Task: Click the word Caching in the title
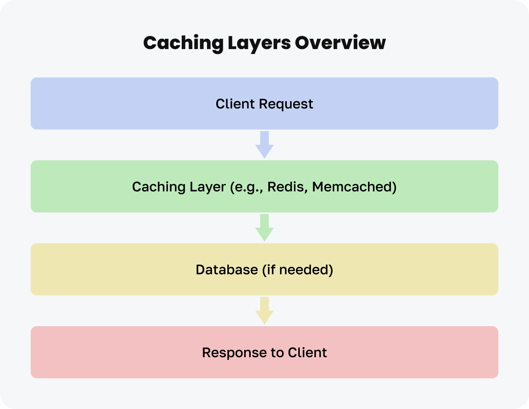183,43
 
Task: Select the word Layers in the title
259,43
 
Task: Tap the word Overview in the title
340,43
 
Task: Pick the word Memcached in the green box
354,187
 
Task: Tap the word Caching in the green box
159,187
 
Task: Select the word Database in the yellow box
227,269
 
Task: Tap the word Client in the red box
307,353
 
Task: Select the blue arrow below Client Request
264,145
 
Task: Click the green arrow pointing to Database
264,227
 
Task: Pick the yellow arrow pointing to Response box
264,310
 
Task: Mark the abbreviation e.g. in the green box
246,187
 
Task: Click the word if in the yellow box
270,269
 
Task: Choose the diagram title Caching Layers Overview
264,43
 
